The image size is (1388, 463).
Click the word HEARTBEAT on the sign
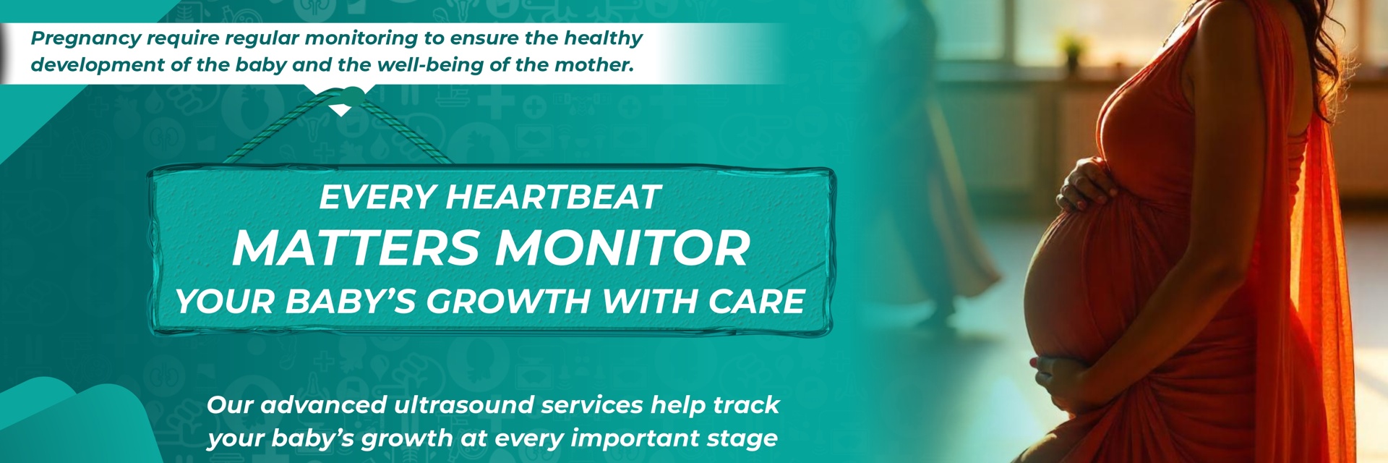click(553, 197)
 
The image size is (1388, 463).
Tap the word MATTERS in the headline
click(356, 247)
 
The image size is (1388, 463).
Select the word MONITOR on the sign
click(622, 247)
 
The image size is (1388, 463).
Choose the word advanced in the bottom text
click(323, 404)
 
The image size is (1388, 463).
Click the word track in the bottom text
click(746, 404)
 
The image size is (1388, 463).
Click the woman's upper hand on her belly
click(1084, 185)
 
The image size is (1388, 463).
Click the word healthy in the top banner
click(603, 39)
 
